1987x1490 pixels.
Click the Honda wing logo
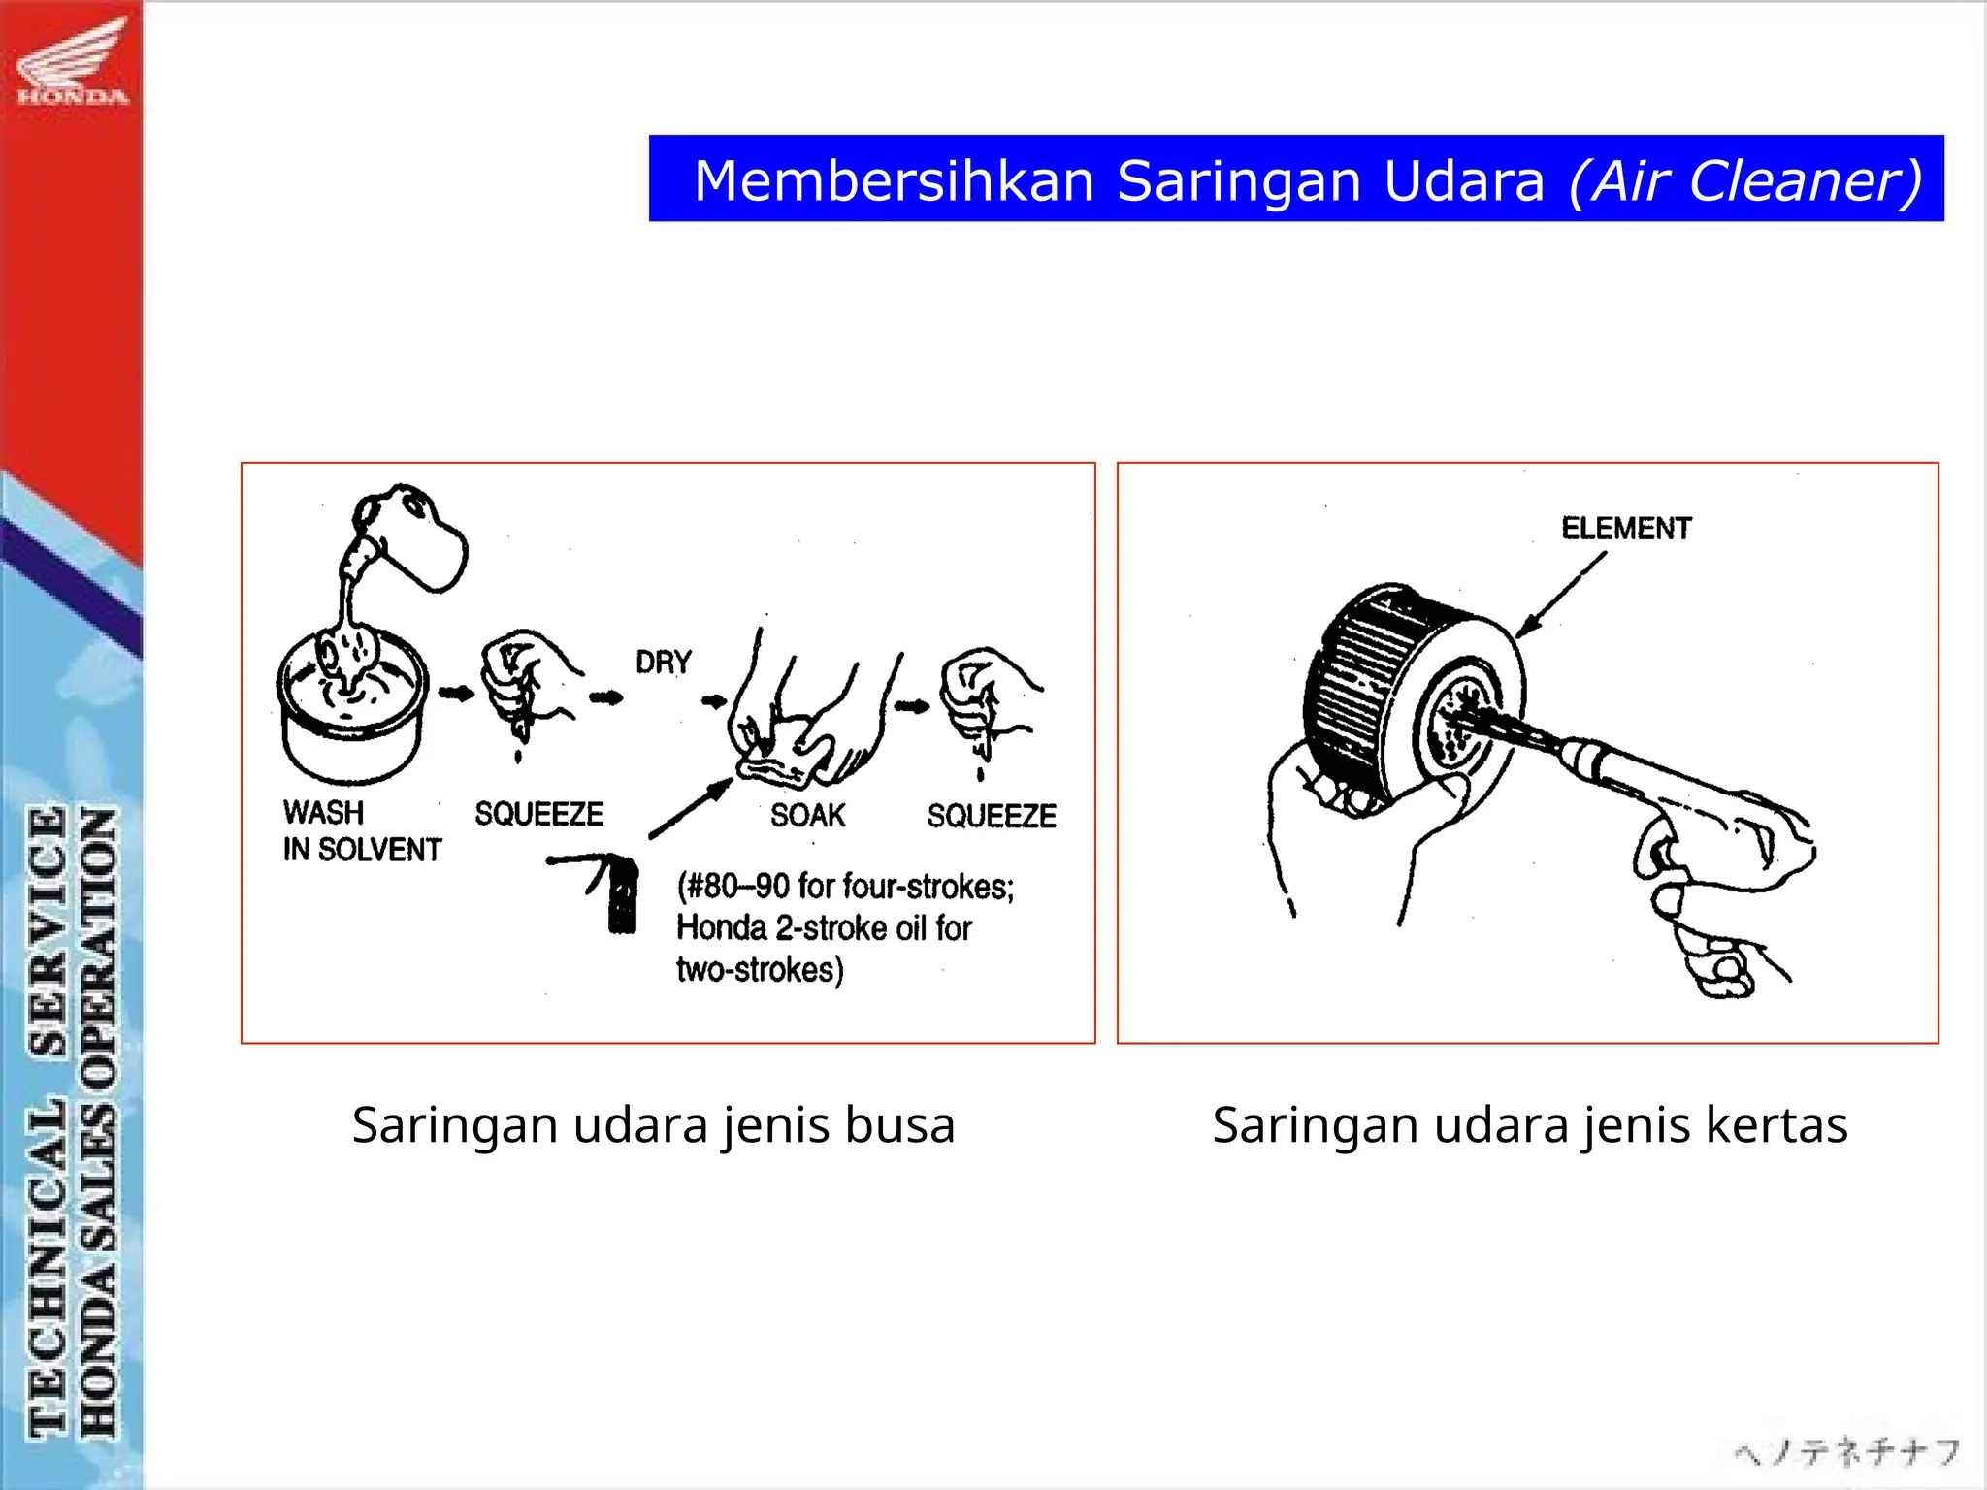point(72,60)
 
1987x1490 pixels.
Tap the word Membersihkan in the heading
point(894,180)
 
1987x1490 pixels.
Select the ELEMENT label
point(1626,529)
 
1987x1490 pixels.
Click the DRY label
point(664,663)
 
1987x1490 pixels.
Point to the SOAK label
point(807,815)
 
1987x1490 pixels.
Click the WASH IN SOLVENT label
point(361,831)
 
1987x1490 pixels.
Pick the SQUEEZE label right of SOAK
point(991,816)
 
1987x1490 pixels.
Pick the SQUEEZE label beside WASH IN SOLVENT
point(538,814)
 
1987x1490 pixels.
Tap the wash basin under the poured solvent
point(351,718)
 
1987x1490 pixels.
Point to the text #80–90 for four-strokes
point(845,887)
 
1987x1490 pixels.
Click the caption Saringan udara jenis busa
point(653,1125)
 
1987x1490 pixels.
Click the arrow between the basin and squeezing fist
point(455,693)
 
